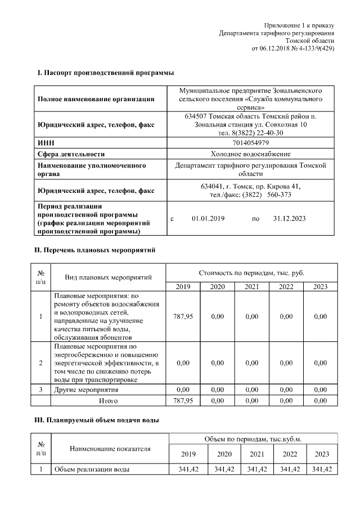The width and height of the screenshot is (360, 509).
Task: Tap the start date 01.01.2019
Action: [208, 218]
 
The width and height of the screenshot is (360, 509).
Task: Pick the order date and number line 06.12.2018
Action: [293, 48]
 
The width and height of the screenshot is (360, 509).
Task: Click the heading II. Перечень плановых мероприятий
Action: [94, 249]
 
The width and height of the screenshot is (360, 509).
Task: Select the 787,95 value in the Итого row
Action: [183, 401]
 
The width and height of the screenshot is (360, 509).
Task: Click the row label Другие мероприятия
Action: [85, 389]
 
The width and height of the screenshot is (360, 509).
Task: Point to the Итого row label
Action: [108, 401]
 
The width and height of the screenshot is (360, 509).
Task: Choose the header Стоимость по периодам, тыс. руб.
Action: [251, 272]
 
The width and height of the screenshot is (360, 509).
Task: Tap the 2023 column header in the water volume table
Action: [322, 454]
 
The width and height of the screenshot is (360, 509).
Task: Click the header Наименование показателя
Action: [110, 448]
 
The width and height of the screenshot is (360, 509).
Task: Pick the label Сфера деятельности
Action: [71, 154]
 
